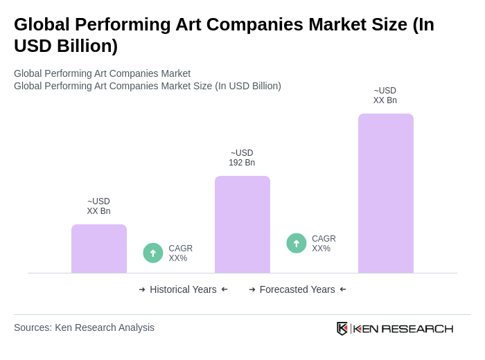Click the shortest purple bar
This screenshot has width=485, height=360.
99,249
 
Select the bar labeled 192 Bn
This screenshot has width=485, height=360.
242,224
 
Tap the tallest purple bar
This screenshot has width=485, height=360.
386,193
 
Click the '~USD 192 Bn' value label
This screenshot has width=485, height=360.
242,158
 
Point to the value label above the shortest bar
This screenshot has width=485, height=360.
98,206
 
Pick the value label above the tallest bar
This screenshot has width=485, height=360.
385,96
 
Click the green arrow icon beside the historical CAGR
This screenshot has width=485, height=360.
153,253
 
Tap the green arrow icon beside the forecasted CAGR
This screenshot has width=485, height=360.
297,244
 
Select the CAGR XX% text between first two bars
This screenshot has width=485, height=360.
180,253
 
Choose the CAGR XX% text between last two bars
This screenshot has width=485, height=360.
324,244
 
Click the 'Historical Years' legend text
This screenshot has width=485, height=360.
183,289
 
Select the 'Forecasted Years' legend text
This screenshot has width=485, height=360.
297,289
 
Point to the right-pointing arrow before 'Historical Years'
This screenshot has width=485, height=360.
142,289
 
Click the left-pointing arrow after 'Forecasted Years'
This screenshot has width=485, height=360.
343,289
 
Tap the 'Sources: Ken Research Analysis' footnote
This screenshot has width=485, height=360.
84,327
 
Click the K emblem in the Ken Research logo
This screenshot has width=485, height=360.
342,328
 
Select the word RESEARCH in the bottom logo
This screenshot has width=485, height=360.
417,328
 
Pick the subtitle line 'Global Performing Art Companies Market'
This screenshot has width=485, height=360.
102,73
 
